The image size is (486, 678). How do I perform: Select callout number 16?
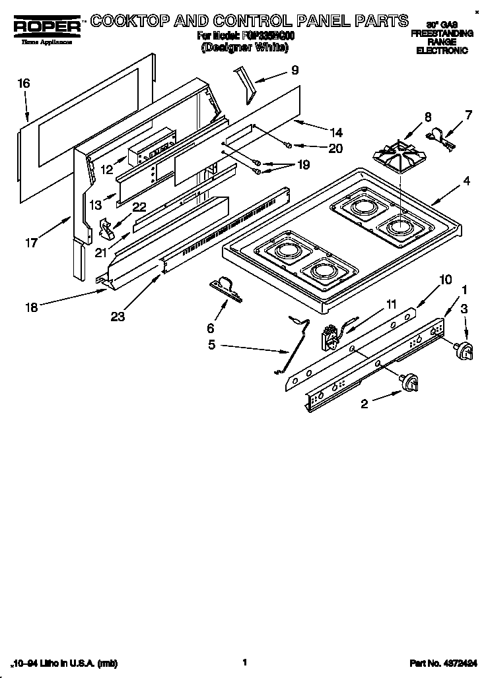coord(24,84)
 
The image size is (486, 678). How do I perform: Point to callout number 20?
coord(335,149)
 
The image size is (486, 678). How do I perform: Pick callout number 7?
coord(468,115)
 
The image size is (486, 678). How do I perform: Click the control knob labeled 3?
coord(466,352)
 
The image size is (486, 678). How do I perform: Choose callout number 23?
coord(118,317)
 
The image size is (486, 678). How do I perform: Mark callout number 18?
coord(31,307)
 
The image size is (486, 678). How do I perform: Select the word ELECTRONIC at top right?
coord(441,50)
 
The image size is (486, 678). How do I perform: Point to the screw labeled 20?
coord(289,145)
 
